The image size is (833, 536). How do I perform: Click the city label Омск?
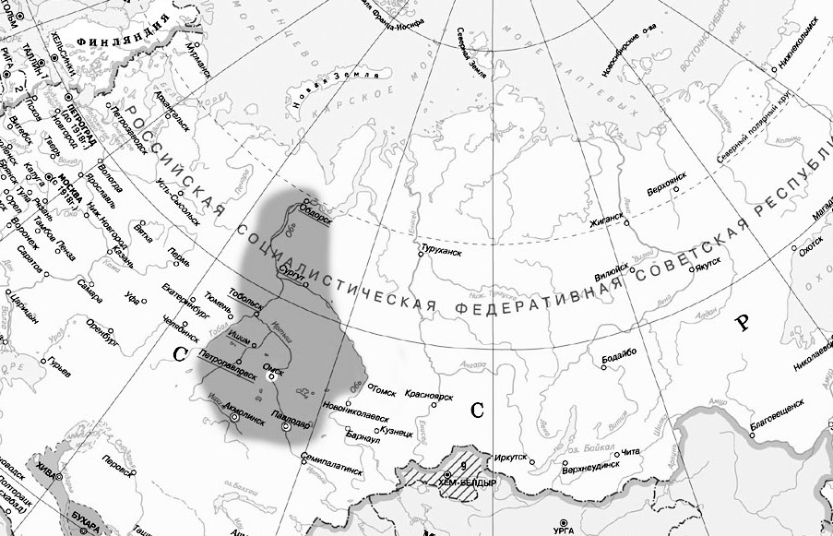click(273, 366)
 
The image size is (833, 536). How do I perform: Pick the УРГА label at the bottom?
click(564, 530)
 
